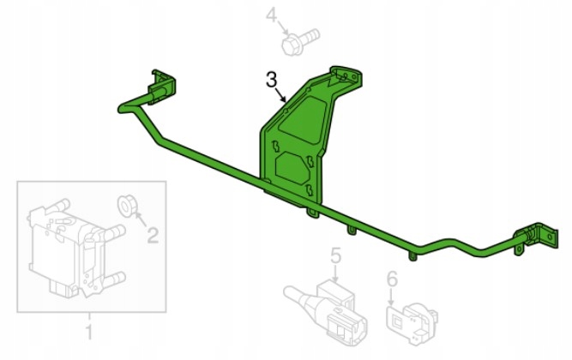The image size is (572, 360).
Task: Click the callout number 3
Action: (271, 80)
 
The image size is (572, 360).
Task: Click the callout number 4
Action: (271, 16)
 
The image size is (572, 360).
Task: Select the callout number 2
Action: (153, 235)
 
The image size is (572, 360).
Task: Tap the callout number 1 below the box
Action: (89, 332)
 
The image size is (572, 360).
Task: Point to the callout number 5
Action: (335, 255)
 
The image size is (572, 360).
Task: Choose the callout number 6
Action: (392, 280)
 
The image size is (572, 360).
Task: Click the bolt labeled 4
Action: (300, 42)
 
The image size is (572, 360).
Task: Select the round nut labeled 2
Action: (127, 206)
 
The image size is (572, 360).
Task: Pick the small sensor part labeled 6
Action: (412, 324)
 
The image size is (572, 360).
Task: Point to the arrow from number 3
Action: (280, 95)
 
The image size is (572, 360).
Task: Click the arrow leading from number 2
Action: (141, 219)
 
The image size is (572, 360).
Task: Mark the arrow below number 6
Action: (391, 297)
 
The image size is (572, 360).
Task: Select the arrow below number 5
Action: (335, 273)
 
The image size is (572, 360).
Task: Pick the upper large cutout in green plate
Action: (304, 119)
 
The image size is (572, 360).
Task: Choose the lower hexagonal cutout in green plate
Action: (292, 168)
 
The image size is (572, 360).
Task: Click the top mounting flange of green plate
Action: (346, 76)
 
